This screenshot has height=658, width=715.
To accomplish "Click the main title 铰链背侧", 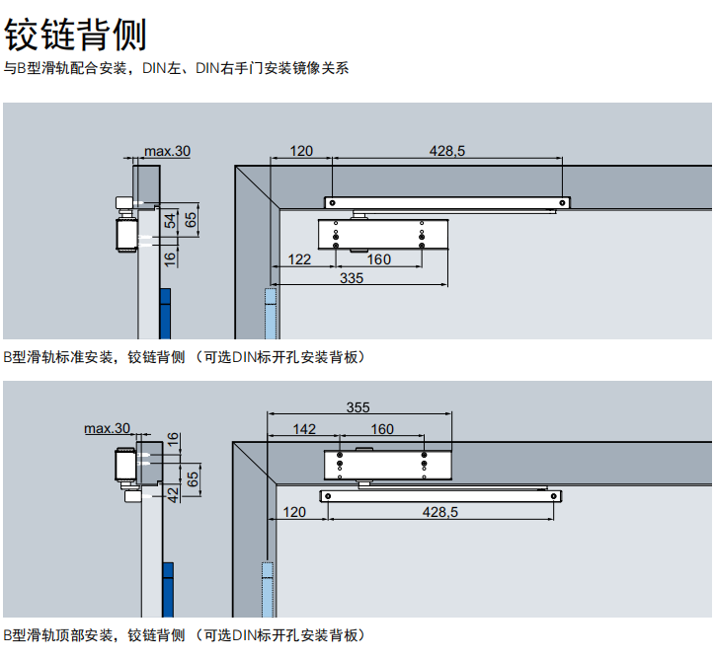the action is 75,35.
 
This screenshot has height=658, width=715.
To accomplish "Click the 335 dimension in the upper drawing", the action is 352,278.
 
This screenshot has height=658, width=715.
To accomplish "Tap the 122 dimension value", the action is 299,259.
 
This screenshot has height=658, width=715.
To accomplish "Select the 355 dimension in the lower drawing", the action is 357,407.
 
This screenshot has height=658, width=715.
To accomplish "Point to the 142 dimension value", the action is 304,429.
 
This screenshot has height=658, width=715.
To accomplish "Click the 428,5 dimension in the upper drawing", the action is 446,151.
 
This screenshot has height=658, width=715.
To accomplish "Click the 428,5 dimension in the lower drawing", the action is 440,512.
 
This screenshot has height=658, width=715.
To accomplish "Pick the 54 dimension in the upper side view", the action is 170,221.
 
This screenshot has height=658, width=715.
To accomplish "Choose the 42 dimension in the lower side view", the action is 173,494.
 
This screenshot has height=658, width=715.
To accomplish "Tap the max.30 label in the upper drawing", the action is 167,151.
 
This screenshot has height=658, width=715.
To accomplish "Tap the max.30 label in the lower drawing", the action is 108,428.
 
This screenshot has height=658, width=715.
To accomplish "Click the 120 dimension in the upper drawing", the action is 301,151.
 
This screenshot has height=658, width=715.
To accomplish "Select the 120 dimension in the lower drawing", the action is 294,512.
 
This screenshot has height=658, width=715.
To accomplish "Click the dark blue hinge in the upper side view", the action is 165,314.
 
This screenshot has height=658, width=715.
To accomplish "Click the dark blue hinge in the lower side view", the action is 168,590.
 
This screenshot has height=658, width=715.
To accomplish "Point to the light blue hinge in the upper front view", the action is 271,314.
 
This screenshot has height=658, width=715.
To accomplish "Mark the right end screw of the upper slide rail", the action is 562,202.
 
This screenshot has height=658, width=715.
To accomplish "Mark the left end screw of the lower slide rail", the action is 328,496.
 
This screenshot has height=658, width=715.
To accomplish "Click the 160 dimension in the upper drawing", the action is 379,259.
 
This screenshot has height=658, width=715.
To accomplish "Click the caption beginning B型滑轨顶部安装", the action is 185,635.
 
